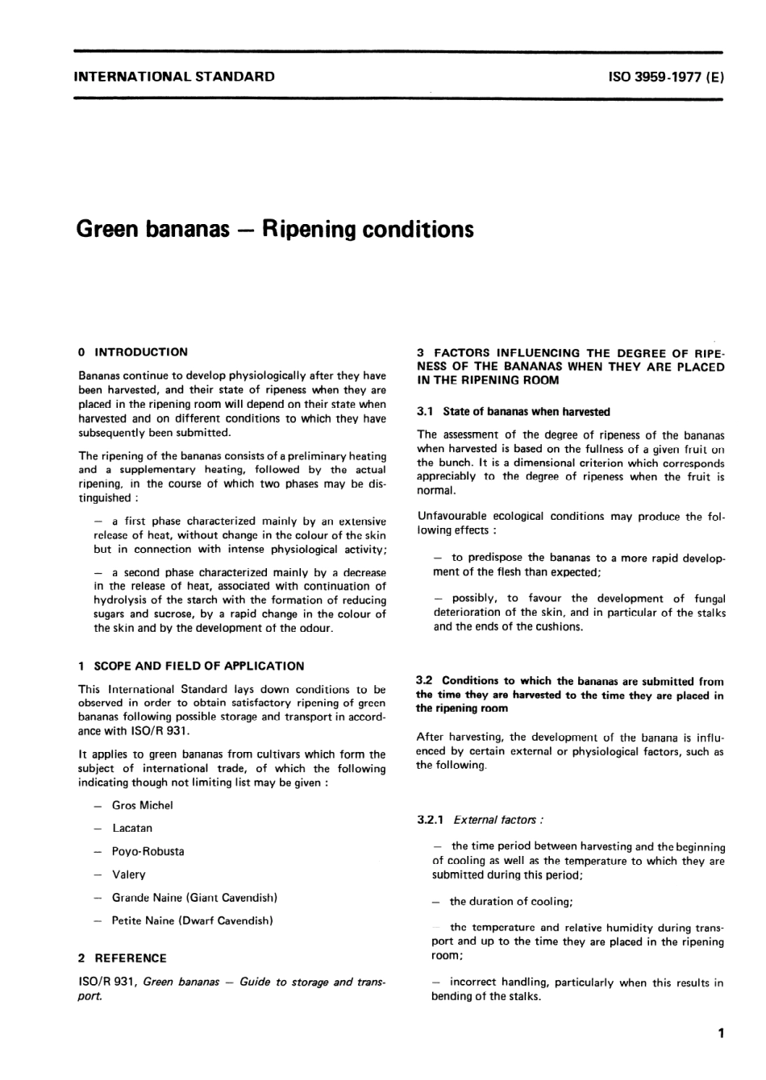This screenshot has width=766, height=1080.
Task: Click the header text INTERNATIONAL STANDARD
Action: coord(174,77)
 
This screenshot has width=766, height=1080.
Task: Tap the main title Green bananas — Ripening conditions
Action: coord(275,230)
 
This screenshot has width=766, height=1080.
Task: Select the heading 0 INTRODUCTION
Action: coord(133,352)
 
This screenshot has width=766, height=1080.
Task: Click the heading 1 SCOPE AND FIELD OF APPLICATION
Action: coord(191,667)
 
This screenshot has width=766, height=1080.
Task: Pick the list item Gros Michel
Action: coord(142,805)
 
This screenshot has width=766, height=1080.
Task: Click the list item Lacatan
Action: coord(132,828)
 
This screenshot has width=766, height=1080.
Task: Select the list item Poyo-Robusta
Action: coord(148,851)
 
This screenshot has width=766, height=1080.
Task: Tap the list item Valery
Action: coord(129,874)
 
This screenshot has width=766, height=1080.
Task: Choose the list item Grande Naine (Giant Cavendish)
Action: coord(194,897)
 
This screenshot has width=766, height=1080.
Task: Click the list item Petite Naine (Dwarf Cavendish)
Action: coord(192,920)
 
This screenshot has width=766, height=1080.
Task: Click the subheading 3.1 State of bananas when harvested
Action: coord(514,412)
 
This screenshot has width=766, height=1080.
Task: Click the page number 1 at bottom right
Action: coord(720,1033)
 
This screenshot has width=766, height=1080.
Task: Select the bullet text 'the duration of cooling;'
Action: coord(511,902)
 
